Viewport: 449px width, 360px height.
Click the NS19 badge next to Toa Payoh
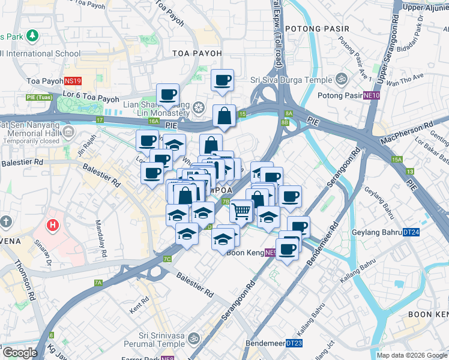point(73,80)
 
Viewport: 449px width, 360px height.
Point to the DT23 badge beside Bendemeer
point(294,343)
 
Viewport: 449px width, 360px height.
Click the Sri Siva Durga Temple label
point(291,80)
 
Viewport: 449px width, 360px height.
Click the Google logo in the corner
point(20,353)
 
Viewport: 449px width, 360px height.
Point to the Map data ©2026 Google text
point(412,355)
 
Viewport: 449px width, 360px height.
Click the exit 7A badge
point(98,283)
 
